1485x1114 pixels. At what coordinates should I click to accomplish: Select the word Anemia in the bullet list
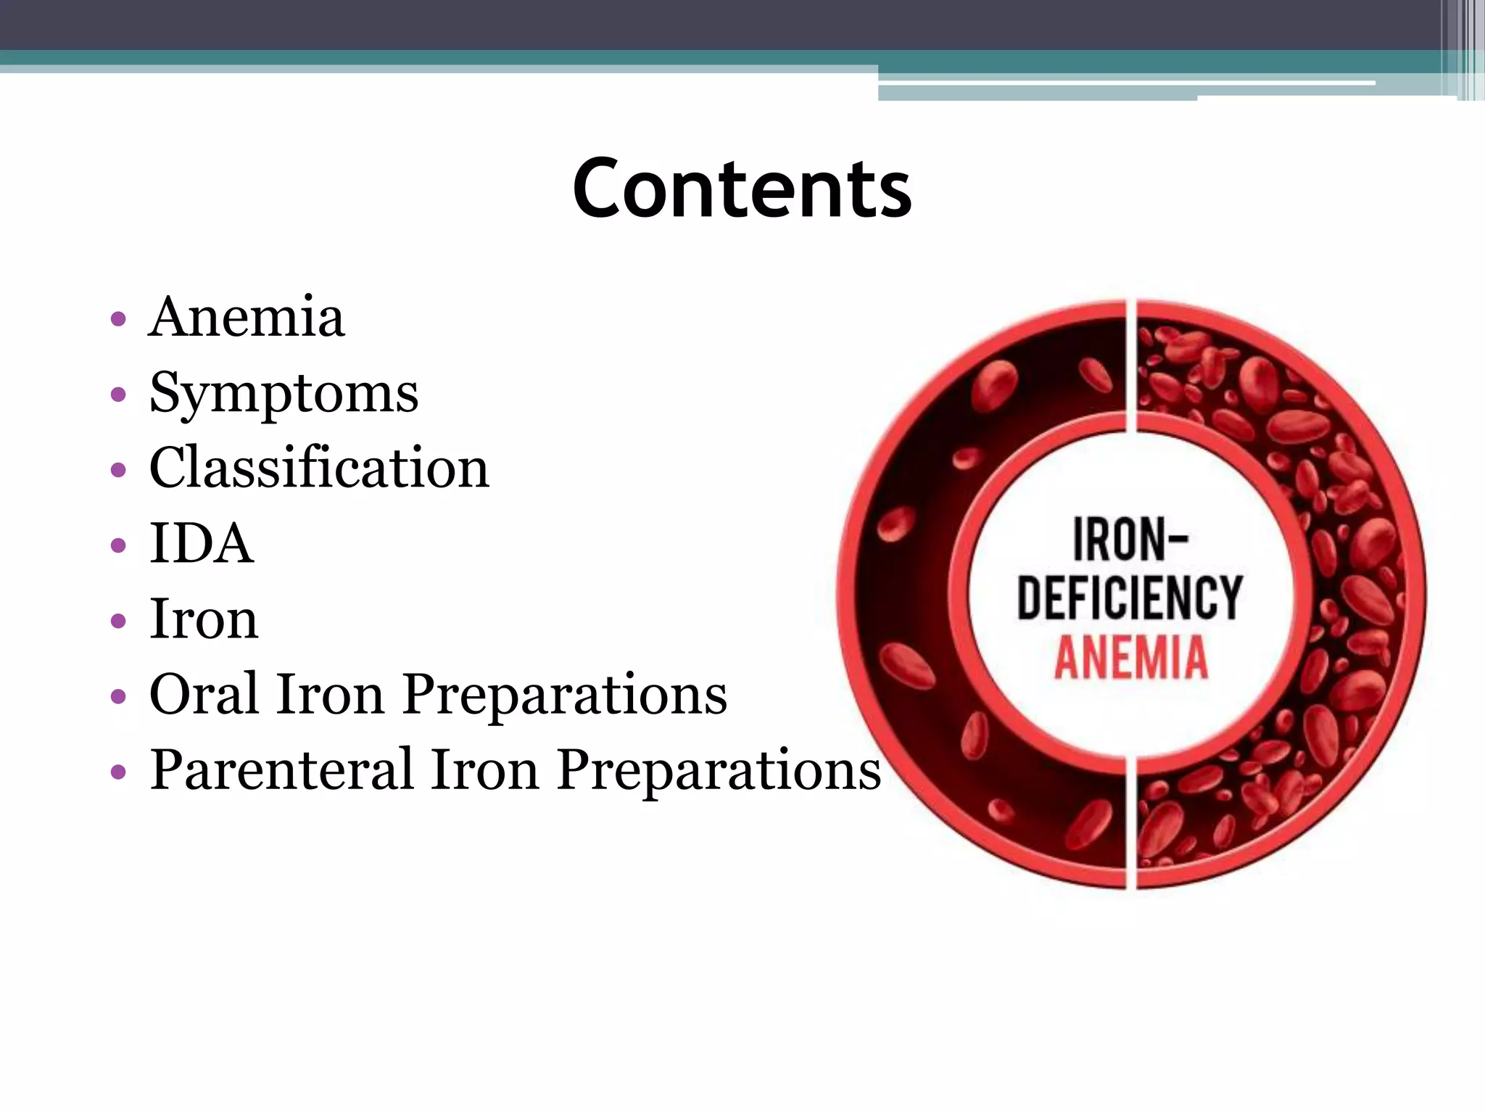click(247, 318)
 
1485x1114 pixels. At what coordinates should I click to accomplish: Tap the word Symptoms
click(284, 394)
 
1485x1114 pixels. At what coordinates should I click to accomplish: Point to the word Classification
click(319, 468)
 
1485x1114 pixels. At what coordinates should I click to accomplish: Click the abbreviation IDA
click(201, 544)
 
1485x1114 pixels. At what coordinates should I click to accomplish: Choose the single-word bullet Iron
click(203, 619)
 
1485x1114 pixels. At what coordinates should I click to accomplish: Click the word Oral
click(204, 694)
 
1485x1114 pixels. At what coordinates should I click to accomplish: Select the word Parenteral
click(281, 770)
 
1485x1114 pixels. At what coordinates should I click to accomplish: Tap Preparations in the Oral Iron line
click(565, 694)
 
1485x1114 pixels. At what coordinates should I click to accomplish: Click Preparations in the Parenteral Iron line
click(719, 770)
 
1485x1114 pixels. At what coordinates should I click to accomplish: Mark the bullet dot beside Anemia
click(118, 320)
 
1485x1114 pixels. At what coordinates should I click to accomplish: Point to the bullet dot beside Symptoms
click(118, 395)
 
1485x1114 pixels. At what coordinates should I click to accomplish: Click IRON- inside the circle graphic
click(1130, 540)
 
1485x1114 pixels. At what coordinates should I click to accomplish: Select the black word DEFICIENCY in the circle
click(1130, 598)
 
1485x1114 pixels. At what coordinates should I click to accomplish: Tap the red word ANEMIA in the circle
click(1130, 657)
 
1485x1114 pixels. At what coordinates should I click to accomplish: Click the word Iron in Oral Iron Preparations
click(329, 694)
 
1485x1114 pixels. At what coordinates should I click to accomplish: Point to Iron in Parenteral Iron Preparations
click(484, 770)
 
